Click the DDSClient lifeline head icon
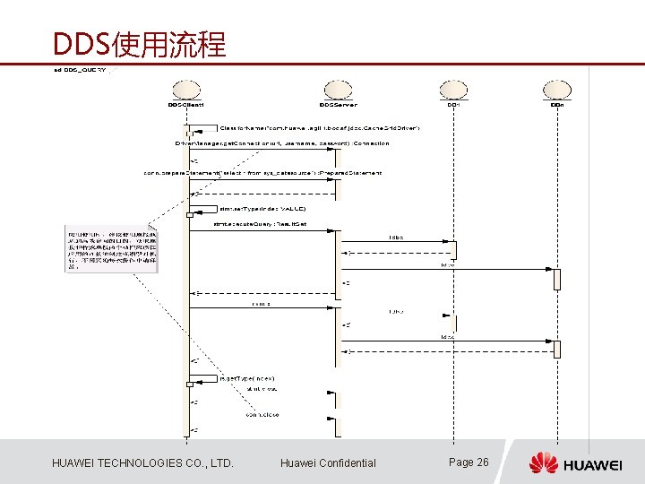186,89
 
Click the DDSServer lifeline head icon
338,89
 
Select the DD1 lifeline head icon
452,89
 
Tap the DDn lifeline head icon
556,89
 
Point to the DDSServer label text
338,105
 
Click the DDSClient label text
186,105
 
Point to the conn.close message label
263,415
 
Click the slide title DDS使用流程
139,44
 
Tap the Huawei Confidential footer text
328,462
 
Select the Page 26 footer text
469,462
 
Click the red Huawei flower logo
543,462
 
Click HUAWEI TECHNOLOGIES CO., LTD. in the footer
142,462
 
